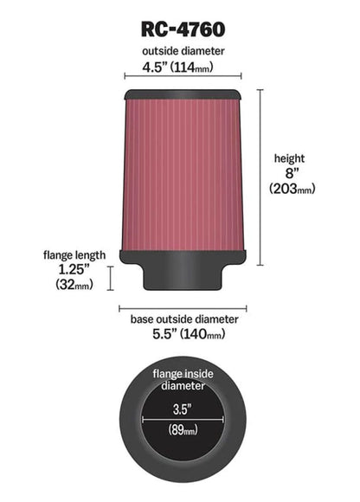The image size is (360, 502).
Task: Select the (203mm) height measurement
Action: [x=290, y=189]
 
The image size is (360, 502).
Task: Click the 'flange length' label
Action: [x=74, y=255]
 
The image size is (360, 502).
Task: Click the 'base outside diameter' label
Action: [x=183, y=319]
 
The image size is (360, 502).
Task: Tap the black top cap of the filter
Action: [x=182, y=93]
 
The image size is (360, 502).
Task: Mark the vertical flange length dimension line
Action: [x=111, y=279]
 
